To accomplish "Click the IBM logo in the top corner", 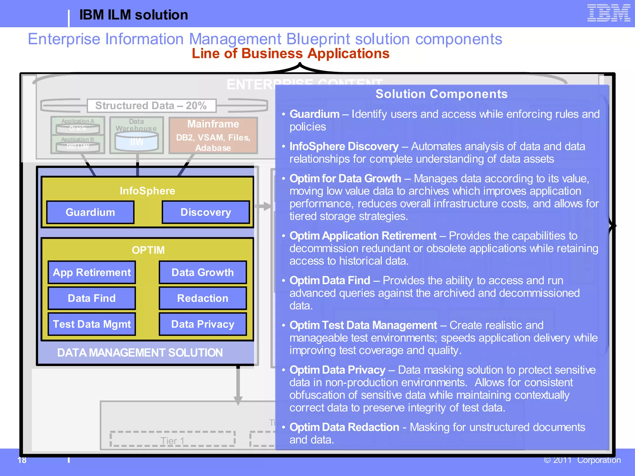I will pos(608,13).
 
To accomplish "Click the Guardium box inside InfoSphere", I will pos(90,212).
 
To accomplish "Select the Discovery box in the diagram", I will pos(206,212).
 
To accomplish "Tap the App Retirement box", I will pos(92,272).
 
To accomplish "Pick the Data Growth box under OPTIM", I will pos(203,272).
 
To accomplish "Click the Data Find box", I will pos(92,298).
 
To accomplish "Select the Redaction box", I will pos(203,298).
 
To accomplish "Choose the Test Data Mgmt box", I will pos(92,324).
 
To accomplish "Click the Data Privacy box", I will pos(203,324).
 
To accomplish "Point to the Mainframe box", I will pos(213,135).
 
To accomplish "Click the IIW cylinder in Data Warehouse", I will pos(136,142).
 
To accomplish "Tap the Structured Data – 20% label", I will pos(151,106).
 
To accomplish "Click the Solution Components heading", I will pos(442,94).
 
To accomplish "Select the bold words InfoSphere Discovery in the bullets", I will pos(344,146).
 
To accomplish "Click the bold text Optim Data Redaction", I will pos(344,427).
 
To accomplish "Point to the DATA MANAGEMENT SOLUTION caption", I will pos(140,353).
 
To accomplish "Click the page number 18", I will pos(22,460).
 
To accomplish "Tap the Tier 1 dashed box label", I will pos(172,440).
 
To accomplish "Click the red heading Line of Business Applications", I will pos(291,53).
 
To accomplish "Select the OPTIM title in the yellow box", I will pos(148,250).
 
